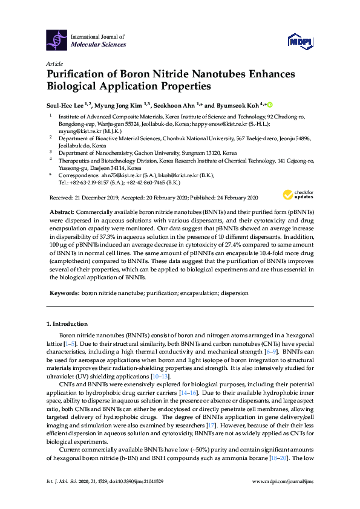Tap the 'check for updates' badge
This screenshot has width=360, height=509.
pos(297,195)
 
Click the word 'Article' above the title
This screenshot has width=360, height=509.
pos(55,63)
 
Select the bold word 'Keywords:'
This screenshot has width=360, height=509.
pos(64,293)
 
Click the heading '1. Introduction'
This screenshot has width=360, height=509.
pos(67,324)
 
